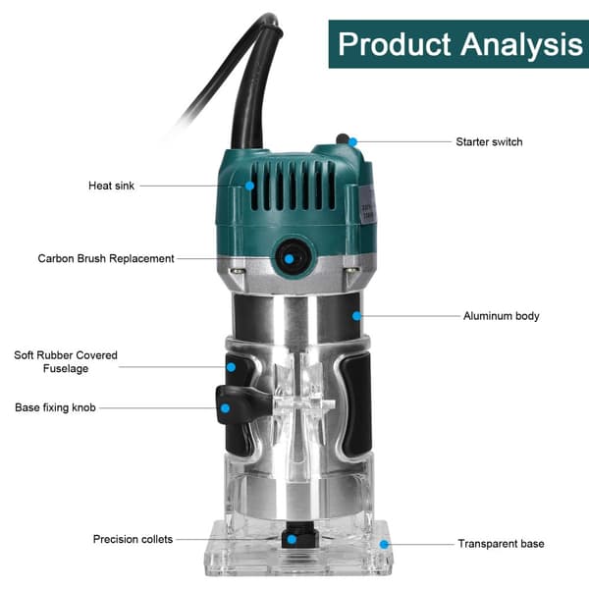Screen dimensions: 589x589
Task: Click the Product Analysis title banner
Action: click(458, 44)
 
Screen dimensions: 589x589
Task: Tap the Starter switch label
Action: click(489, 142)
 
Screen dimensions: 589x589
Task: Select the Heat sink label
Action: click(111, 186)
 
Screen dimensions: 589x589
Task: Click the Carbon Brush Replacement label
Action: click(106, 259)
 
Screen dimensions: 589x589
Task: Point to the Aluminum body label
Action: click(501, 316)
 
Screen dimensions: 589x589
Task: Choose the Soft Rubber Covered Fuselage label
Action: click(65, 361)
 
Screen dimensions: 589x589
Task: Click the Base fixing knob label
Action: click(56, 406)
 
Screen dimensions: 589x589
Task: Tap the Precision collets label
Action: click(133, 539)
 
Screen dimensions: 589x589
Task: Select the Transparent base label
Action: click(501, 543)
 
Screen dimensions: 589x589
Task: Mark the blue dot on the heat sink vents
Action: click(250, 185)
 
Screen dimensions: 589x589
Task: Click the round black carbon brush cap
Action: click(290, 258)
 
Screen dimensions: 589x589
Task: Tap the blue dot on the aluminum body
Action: click(358, 316)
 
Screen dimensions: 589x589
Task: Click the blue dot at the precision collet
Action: click(291, 539)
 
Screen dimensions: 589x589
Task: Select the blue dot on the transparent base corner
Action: click(385, 543)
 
